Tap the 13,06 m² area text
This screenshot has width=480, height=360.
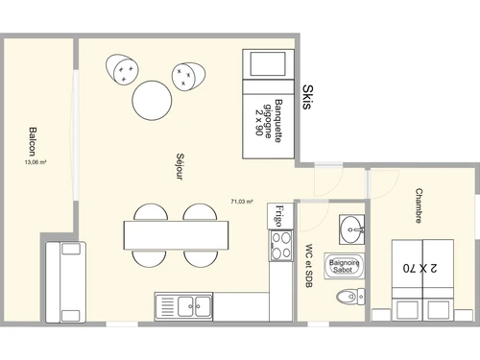pyautogui.click(x=36, y=162)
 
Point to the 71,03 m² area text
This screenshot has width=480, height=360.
pyautogui.click(x=241, y=202)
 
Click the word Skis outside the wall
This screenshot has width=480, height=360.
pyautogui.click(x=307, y=98)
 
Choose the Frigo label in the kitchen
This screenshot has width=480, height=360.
pyautogui.click(x=279, y=215)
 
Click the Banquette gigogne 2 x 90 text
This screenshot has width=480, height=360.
pyautogui.click(x=270, y=120)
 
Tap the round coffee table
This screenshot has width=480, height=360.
pyautogui.click(x=153, y=102)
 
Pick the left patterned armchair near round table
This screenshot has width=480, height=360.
pyautogui.click(x=123, y=70)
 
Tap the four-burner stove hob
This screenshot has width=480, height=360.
pyautogui.click(x=280, y=247)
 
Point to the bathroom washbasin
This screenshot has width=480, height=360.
pyautogui.click(x=352, y=228)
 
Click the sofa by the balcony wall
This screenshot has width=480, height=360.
pyautogui.click(x=64, y=281)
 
